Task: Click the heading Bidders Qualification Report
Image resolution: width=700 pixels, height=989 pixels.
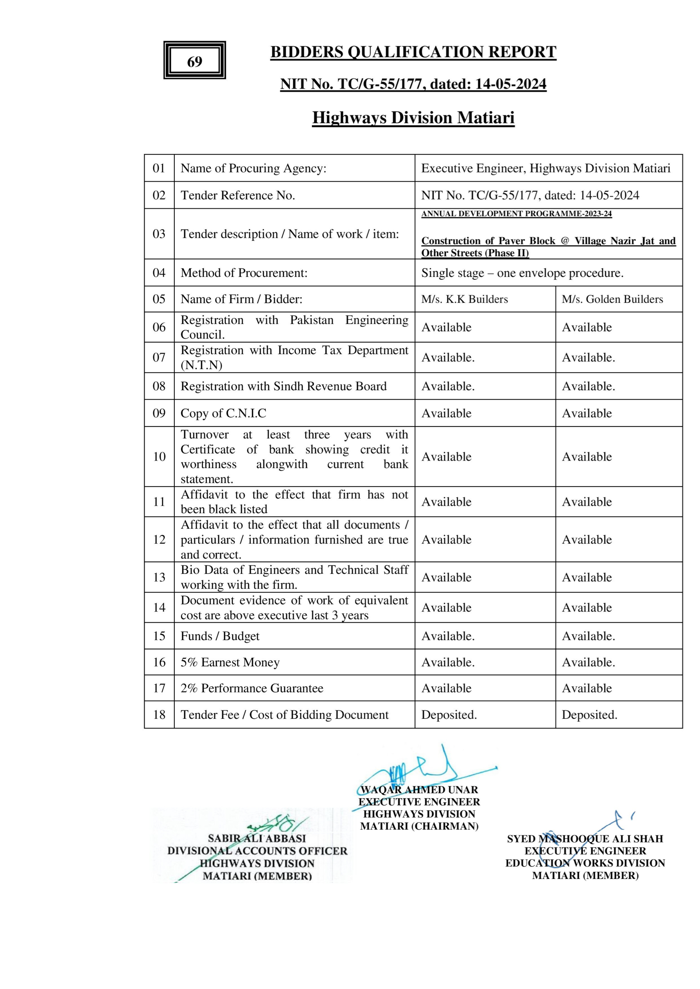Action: pos(413,52)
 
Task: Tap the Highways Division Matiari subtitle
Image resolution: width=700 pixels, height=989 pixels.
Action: pos(413,118)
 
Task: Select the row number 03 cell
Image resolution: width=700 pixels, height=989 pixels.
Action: pos(159,234)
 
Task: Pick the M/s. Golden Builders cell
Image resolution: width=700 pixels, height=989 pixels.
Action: pos(612,299)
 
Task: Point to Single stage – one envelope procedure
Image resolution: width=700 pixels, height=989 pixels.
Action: pos(522,273)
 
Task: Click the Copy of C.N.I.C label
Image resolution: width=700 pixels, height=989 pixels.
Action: pos(223,414)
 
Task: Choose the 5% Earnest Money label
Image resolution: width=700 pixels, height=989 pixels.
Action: pos(230,662)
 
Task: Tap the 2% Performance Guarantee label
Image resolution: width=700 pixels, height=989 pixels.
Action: pos(252,688)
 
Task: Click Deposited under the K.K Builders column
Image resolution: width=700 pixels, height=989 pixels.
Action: pos(449,715)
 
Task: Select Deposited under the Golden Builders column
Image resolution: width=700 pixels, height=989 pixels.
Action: pos(589,715)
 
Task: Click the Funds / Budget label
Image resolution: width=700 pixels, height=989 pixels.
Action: pos(220,636)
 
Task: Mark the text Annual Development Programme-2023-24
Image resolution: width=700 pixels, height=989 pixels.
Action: pos(517,213)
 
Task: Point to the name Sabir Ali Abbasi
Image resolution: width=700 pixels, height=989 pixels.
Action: pos(257,839)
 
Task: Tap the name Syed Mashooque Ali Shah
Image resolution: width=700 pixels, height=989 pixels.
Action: pos(585,839)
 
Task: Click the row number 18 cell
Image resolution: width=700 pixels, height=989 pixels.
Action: pos(159,715)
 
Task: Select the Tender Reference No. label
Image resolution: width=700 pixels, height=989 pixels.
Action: pos(238,195)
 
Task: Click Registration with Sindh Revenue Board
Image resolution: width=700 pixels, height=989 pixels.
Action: pos(283,386)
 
